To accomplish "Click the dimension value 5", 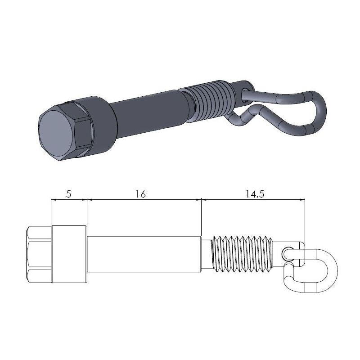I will coord(68,194).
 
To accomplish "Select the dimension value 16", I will coord(140,194).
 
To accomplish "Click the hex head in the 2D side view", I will coord(39,254).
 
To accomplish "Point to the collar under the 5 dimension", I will coord(69,254).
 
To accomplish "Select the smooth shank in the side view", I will coord(144,254).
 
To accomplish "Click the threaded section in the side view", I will coord(243,254).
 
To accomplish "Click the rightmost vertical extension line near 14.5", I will coord(305,220).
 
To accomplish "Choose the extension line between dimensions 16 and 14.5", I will coord(201,216).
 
